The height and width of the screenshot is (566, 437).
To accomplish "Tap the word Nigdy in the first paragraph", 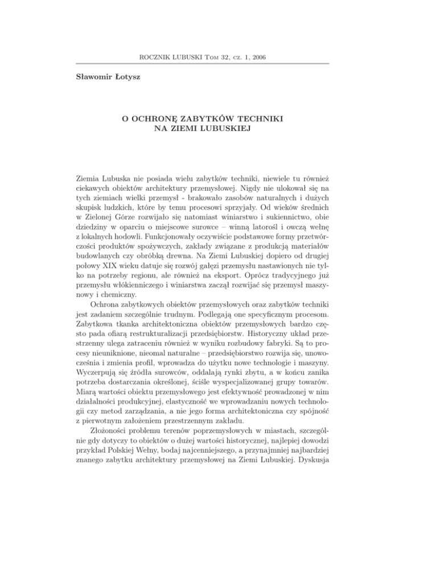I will pyautogui.click(x=278, y=186).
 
